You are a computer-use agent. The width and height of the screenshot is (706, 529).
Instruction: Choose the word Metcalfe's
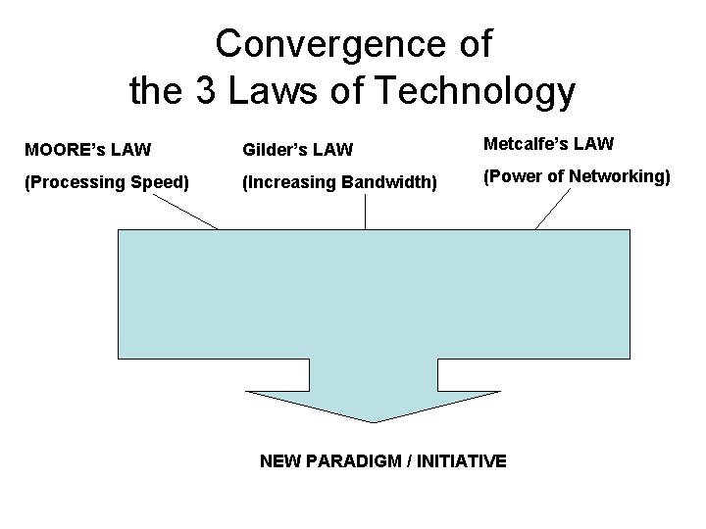[527, 144]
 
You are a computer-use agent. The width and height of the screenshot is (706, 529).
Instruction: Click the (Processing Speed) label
[105, 182]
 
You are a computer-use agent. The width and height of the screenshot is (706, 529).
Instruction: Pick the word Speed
[162, 182]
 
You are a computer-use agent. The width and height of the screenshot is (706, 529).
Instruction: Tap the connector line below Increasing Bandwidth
[366, 211]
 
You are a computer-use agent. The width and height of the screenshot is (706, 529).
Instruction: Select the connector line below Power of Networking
[553, 209]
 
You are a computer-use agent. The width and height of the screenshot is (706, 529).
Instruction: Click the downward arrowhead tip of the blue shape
[373, 419]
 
